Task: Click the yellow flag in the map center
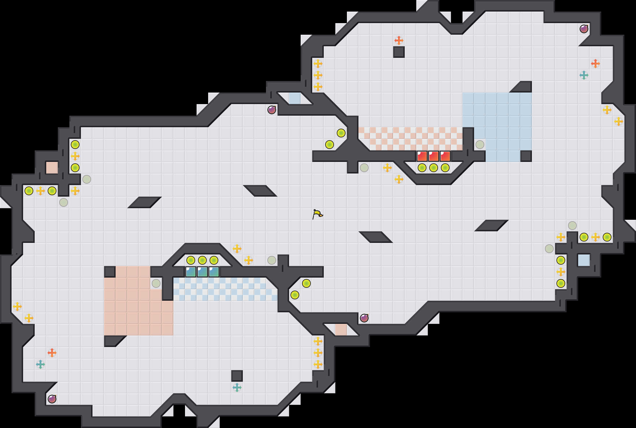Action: pyautogui.click(x=317, y=214)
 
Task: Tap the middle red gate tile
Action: pyautogui.click(x=434, y=156)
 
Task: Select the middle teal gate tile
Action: pyautogui.click(x=202, y=272)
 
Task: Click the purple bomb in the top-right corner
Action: pyautogui.click(x=584, y=29)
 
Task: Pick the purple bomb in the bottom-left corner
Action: pyautogui.click(x=52, y=399)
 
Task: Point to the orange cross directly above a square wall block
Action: pyautogui.click(x=399, y=40)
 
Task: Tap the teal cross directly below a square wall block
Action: pyautogui.click(x=237, y=388)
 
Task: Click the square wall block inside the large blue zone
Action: pyautogui.click(x=526, y=156)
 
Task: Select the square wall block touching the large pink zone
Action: pyautogui.click(x=110, y=272)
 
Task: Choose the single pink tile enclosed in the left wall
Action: pyautogui.click(x=52, y=168)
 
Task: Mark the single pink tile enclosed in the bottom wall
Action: pyautogui.click(x=341, y=330)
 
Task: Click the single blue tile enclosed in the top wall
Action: pyautogui.click(x=295, y=98)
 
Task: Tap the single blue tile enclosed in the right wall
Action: pyautogui.click(x=584, y=260)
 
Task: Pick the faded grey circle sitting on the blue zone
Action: pyautogui.click(x=480, y=145)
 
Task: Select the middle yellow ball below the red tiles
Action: pyautogui.click(x=434, y=168)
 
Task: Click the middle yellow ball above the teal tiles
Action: pyautogui.click(x=202, y=260)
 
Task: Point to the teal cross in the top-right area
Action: pyautogui.click(x=584, y=75)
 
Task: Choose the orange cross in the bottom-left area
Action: pyautogui.click(x=52, y=353)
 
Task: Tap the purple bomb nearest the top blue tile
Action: pyautogui.click(x=272, y=110)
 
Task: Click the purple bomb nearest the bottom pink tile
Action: pyautogui.click(x=364, y=318)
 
